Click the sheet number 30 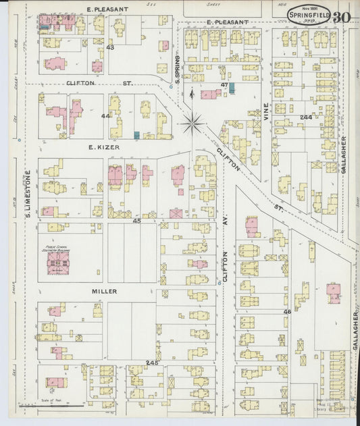341,17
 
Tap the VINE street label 265,110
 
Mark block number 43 109,47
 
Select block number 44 105,115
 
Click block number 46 286,311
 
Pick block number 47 224,84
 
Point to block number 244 306,117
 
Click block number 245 151,363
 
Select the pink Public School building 57,267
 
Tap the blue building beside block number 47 232,88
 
